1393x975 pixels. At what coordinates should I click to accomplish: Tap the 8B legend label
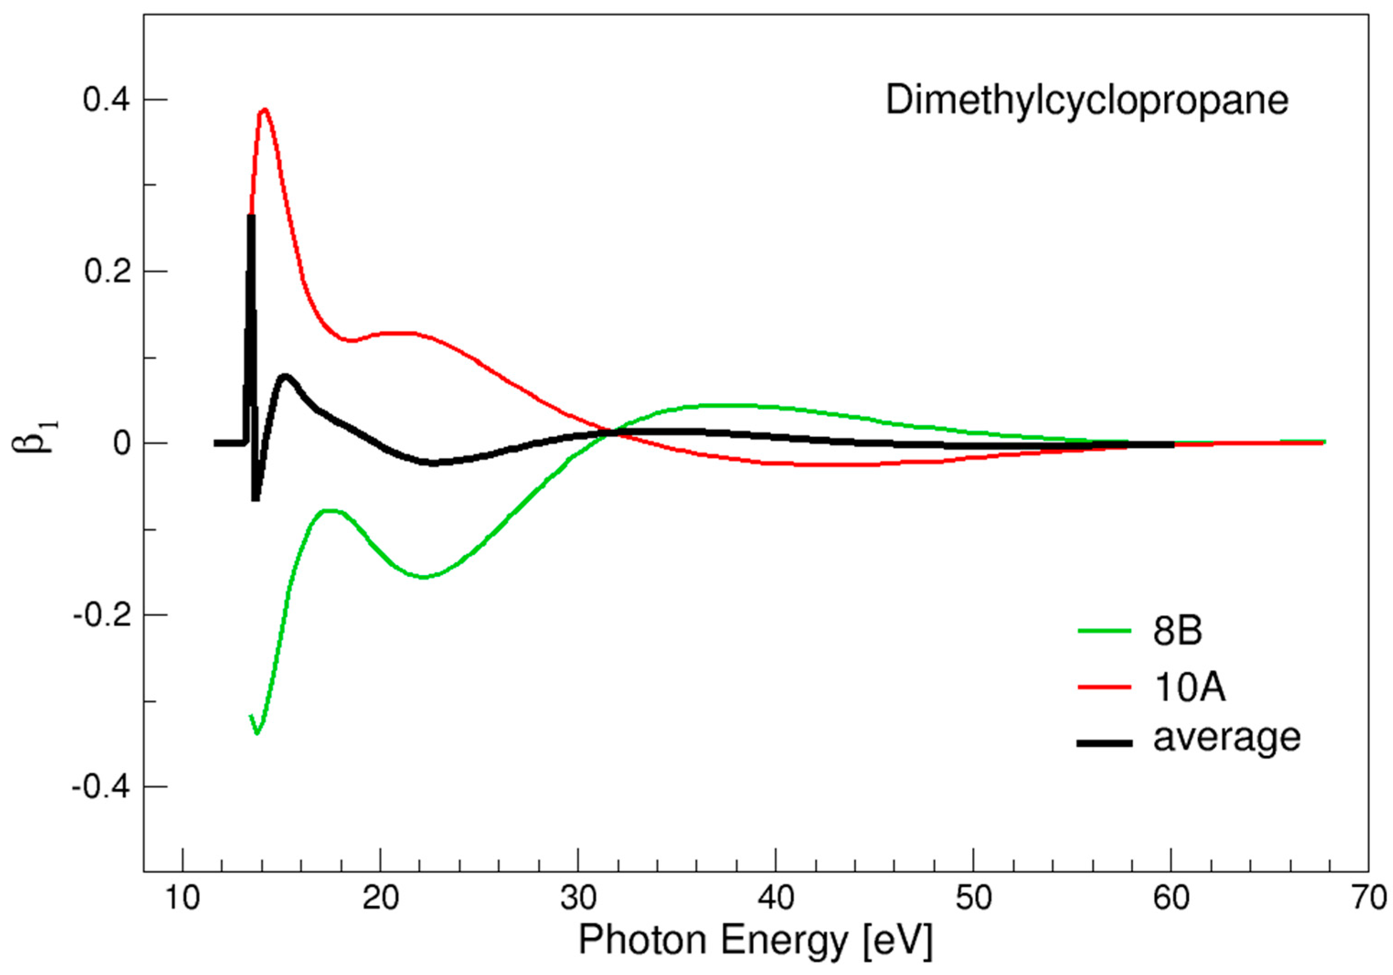(x=1176, y=631)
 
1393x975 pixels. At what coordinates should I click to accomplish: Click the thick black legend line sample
(x=1104, y=743)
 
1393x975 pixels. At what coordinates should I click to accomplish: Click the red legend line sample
(x=1104, y=687)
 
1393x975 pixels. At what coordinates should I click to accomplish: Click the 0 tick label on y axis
(x=122, y=444)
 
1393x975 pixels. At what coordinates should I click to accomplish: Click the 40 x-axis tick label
(x=775, y=898)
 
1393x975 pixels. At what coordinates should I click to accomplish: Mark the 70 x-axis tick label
(x=1369, y=898)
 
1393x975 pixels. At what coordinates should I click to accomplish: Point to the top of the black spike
(x=250, y=216)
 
